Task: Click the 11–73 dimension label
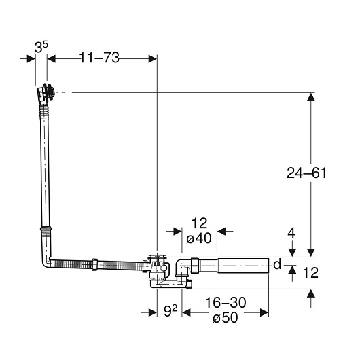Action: click(x=99, y=58)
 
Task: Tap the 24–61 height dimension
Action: click(x=306, y=173)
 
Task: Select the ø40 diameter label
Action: click(x=199, y=238)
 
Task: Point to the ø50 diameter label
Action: click(x=226, y=318)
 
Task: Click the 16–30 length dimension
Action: click(x=226, y=302)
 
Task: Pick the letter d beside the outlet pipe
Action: click(x=277, y=264)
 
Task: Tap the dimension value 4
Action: click(x=291, y=233)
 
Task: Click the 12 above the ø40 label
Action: click(x=199, y=223)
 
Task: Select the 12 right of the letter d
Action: click(x=310, y=272)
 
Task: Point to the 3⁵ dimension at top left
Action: click(x=41, y=48)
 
